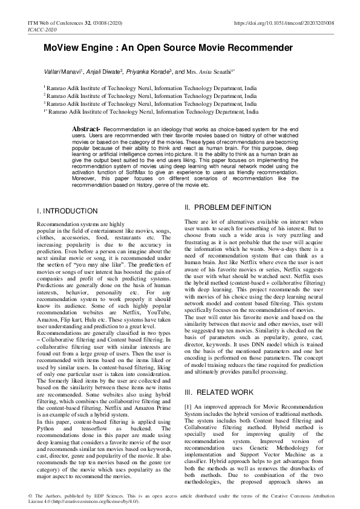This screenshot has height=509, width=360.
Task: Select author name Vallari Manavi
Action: point(66,71)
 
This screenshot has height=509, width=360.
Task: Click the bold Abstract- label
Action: point(86,129)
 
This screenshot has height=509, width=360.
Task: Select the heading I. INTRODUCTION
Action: point(67,211)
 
